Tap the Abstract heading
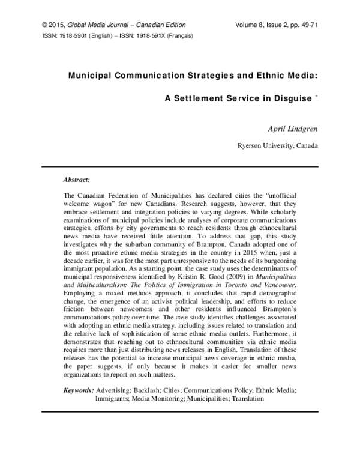(77, 179)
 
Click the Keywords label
(79, 390)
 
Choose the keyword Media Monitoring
(157, 398)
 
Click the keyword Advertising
(114, 390)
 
